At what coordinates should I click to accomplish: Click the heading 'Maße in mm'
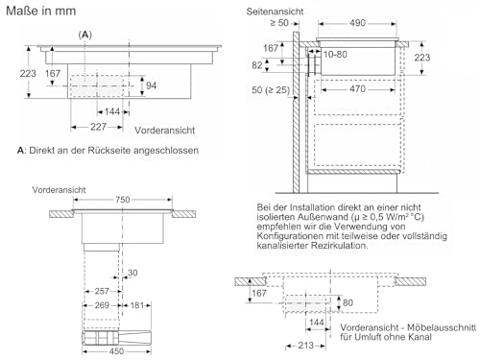[x=41, y=11]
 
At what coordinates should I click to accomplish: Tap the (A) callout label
[x=85, y=35]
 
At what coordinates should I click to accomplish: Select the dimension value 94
[x=151, y=85]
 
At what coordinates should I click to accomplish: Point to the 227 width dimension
[x=98, y=127]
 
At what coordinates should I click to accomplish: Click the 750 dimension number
[x=123, y=200]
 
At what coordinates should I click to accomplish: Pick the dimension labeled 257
[x=102, y=291]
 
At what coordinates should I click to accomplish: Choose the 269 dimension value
[x=102, y=305]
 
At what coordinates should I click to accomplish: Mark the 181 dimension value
[x=136, y=305]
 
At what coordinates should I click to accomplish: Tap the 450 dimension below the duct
[x=116, y=351]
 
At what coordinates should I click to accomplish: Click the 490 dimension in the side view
[x=357, y=23]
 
